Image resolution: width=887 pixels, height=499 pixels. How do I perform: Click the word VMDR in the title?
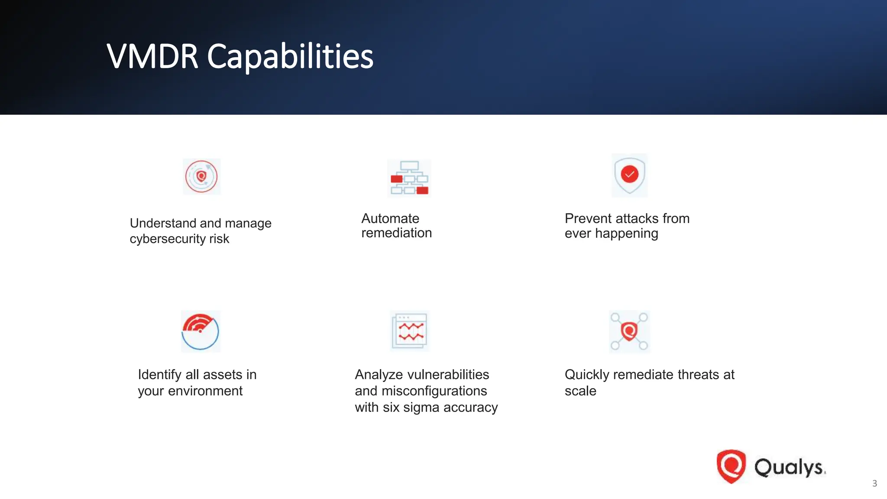(x=152, y=57)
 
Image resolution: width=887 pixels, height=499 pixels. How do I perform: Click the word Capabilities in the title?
(x=290, y=57)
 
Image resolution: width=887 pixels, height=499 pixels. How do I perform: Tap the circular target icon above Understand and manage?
(x=201, y=177)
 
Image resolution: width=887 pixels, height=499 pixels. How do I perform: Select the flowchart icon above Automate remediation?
(x=409, y=178)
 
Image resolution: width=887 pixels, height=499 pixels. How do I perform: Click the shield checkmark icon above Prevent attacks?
(x=629, y=175)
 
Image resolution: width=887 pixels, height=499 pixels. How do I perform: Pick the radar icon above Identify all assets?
(x=201, y=331)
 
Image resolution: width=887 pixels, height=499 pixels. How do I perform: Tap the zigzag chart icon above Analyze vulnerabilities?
(x=409, y=331)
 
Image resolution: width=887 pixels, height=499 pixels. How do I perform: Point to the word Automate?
(x=390, y=218)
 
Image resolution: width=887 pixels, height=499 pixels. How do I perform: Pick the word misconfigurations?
(x=434, y=391)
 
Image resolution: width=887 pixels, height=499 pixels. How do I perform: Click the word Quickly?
(x=587, y=375)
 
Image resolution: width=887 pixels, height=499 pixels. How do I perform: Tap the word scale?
(x=580, y=391)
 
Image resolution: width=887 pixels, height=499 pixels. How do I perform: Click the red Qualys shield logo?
(x=731, y=466)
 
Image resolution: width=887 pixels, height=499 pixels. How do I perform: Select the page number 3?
(x=874, y=483)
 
